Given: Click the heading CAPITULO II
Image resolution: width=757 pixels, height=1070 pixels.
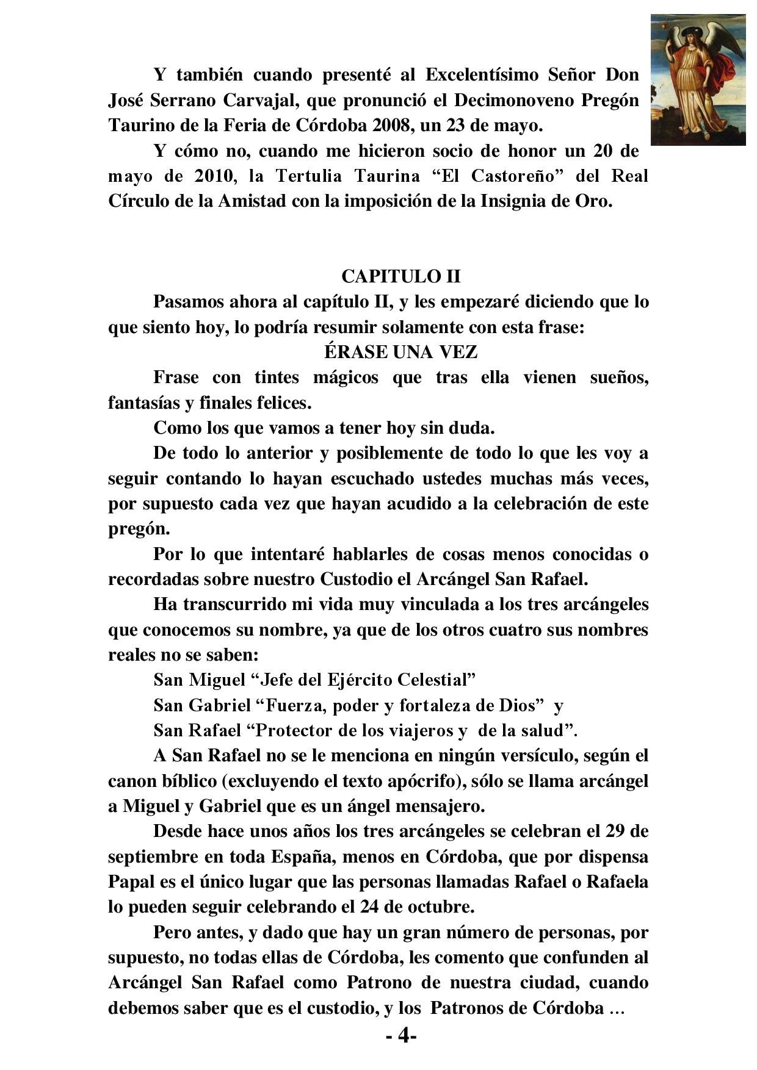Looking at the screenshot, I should coord(400,276).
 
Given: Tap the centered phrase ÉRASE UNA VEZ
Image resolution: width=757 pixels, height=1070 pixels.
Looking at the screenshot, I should coord(400,353).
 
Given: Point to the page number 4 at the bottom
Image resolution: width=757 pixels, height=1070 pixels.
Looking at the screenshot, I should coord(401,1035).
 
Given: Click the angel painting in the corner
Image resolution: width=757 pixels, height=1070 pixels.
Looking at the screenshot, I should coord(698,80).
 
